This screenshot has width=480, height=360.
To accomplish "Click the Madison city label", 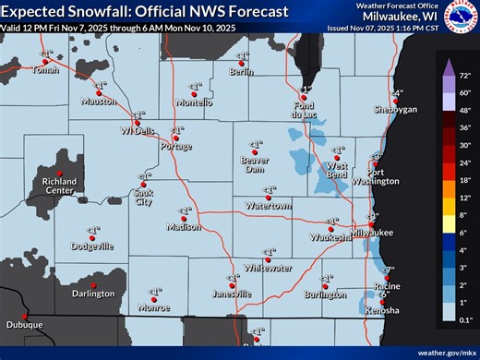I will [x=183, y=227].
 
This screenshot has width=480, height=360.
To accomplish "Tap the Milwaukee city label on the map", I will [x=372, y=234].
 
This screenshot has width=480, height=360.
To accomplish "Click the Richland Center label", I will [x=59, y=187].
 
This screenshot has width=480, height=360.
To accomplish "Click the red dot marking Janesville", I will [x=232, y=284].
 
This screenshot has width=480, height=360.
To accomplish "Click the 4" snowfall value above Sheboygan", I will [x=398, y=93].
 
